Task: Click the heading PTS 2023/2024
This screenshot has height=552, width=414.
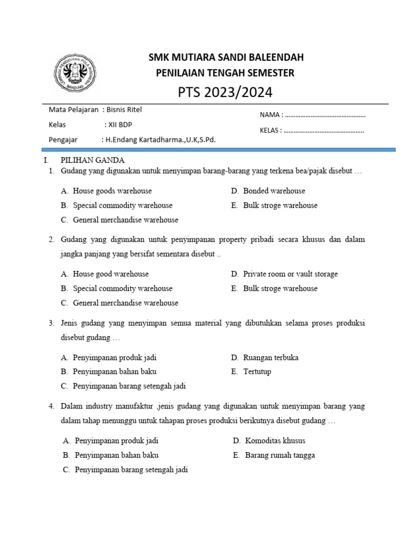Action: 225,93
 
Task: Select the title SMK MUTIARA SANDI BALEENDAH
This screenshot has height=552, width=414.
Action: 225,57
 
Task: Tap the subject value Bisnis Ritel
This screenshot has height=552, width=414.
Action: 125,109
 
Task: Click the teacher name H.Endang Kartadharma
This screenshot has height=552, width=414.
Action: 160,140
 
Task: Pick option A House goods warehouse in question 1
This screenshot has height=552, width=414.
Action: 112,191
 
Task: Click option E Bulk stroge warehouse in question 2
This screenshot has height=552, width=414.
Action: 280,288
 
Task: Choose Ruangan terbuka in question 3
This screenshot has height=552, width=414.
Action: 271,357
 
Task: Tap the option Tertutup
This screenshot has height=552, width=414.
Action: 257,372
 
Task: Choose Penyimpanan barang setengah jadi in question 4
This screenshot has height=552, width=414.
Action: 132,470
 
